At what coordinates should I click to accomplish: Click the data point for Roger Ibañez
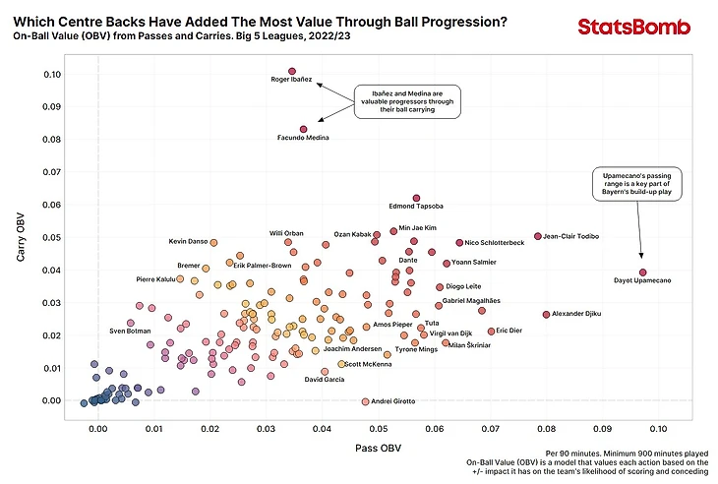coord(292,71)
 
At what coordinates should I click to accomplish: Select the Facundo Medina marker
coord(303,129)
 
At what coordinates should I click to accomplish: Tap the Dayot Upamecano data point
coord(642,272)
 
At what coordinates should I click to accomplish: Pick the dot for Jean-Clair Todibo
coord(537,236)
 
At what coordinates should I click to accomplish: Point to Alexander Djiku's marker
coord(546,314)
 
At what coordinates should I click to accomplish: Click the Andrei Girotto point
coord(365,401)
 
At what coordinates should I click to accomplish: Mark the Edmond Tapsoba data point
coord(416,198)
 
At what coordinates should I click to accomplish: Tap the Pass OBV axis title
coord(378,448)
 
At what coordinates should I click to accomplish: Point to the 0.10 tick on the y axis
coord(52,74)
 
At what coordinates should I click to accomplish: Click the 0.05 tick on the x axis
coord(378,429)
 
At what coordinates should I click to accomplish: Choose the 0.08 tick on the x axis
coord(546,429)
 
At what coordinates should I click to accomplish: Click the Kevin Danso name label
coord(186,241)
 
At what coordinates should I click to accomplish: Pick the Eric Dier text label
coord(509,331)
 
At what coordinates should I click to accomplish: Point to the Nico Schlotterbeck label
coord(494,242)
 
